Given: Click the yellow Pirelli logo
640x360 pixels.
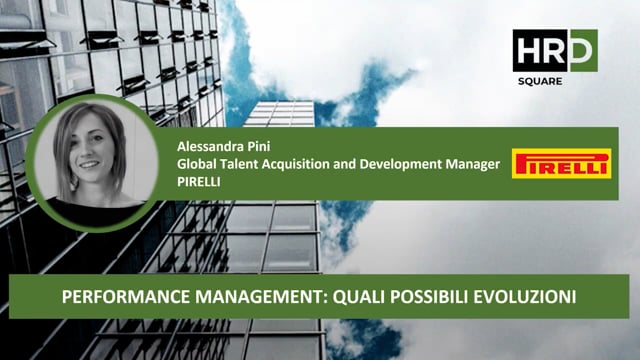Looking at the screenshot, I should (x=561, y=164).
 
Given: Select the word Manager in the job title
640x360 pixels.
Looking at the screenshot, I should (x=475, y=164).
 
